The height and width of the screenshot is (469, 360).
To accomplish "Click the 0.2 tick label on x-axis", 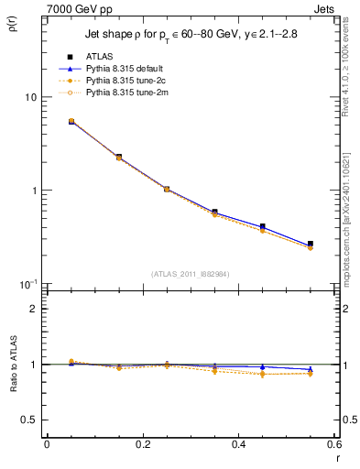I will point(142,443).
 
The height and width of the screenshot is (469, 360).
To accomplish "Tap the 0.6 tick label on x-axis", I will point(334,443).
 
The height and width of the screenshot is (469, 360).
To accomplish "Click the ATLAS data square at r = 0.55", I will point(311,244).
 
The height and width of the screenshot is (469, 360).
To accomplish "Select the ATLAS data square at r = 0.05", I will point(71,121).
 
